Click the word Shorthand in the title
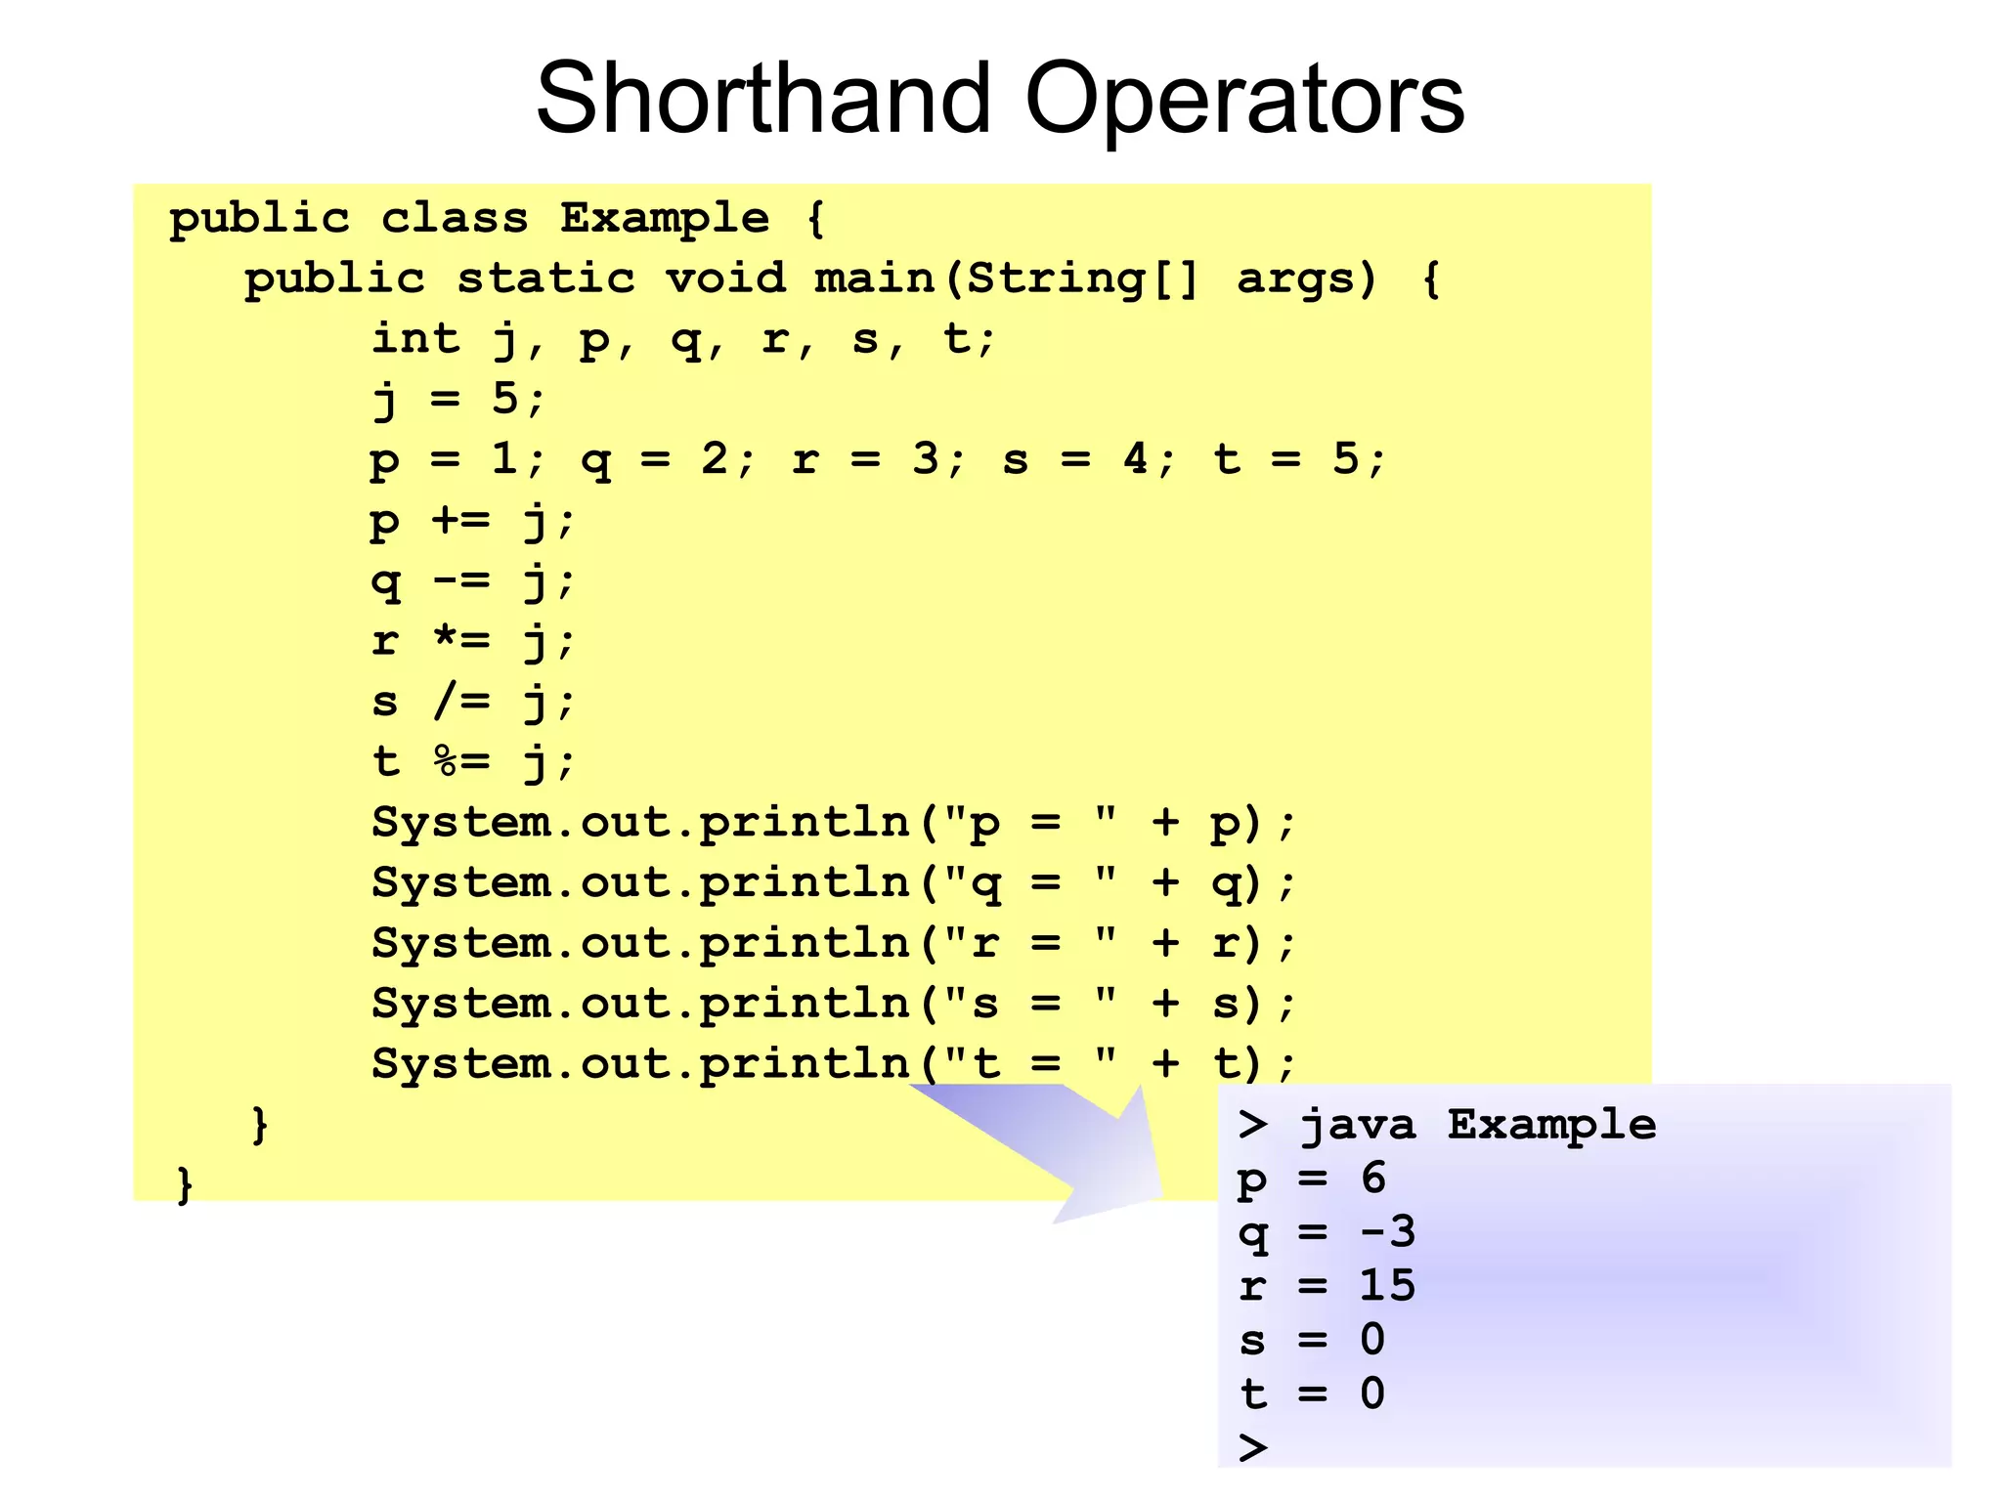tap(763, 98)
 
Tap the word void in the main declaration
tap(725, 279)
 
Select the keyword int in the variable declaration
tap(415, 339)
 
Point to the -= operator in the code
tap(460, 580)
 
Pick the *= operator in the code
tap(460, 641)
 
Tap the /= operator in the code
tap(460, 701)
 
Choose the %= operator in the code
tap(460, 761)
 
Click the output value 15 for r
tap(1387, 1285)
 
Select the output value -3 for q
tap(1387, 1231)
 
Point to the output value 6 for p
tap(1373, 1178)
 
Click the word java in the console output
tap(1357, 1126)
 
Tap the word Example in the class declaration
tap(665, 218)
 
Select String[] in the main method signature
tap(1082, 279)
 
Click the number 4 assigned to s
tap(1135, 458)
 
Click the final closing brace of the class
tap(184, 1184)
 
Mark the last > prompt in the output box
tap(1252, 1446)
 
